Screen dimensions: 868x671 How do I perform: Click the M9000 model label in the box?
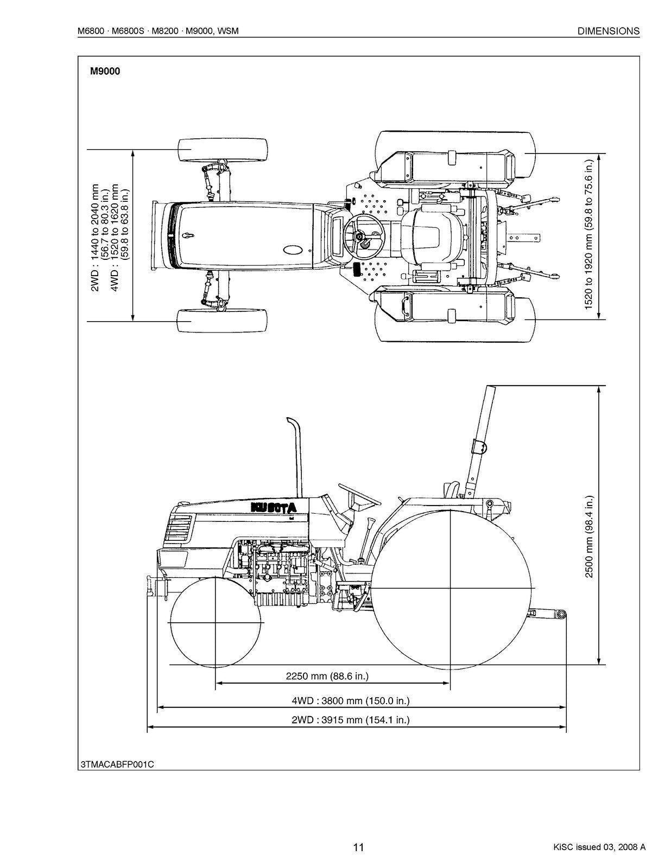[105, 71]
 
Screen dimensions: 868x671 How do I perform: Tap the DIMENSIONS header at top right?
[608, 31]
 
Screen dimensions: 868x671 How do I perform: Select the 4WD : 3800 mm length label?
[350, 700]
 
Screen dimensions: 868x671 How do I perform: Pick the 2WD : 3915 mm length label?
[350, 720]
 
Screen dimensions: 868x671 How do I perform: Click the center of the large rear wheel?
[451, 589]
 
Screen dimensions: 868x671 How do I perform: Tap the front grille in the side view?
[179, 529]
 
